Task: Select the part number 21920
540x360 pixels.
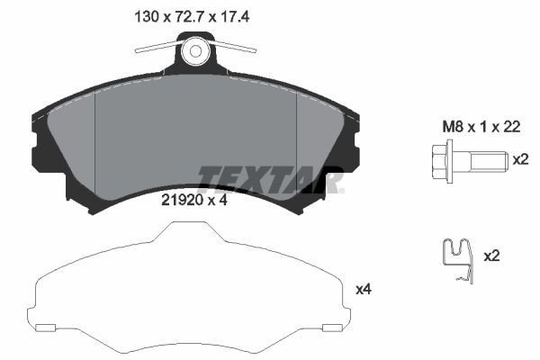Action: click(x=180, y=201)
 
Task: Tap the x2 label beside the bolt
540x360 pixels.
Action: click(x=519, y=160)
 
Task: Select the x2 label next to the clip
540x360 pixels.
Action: click(x=492, y=256)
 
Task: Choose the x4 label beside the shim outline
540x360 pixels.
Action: click(x=364, y=289)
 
